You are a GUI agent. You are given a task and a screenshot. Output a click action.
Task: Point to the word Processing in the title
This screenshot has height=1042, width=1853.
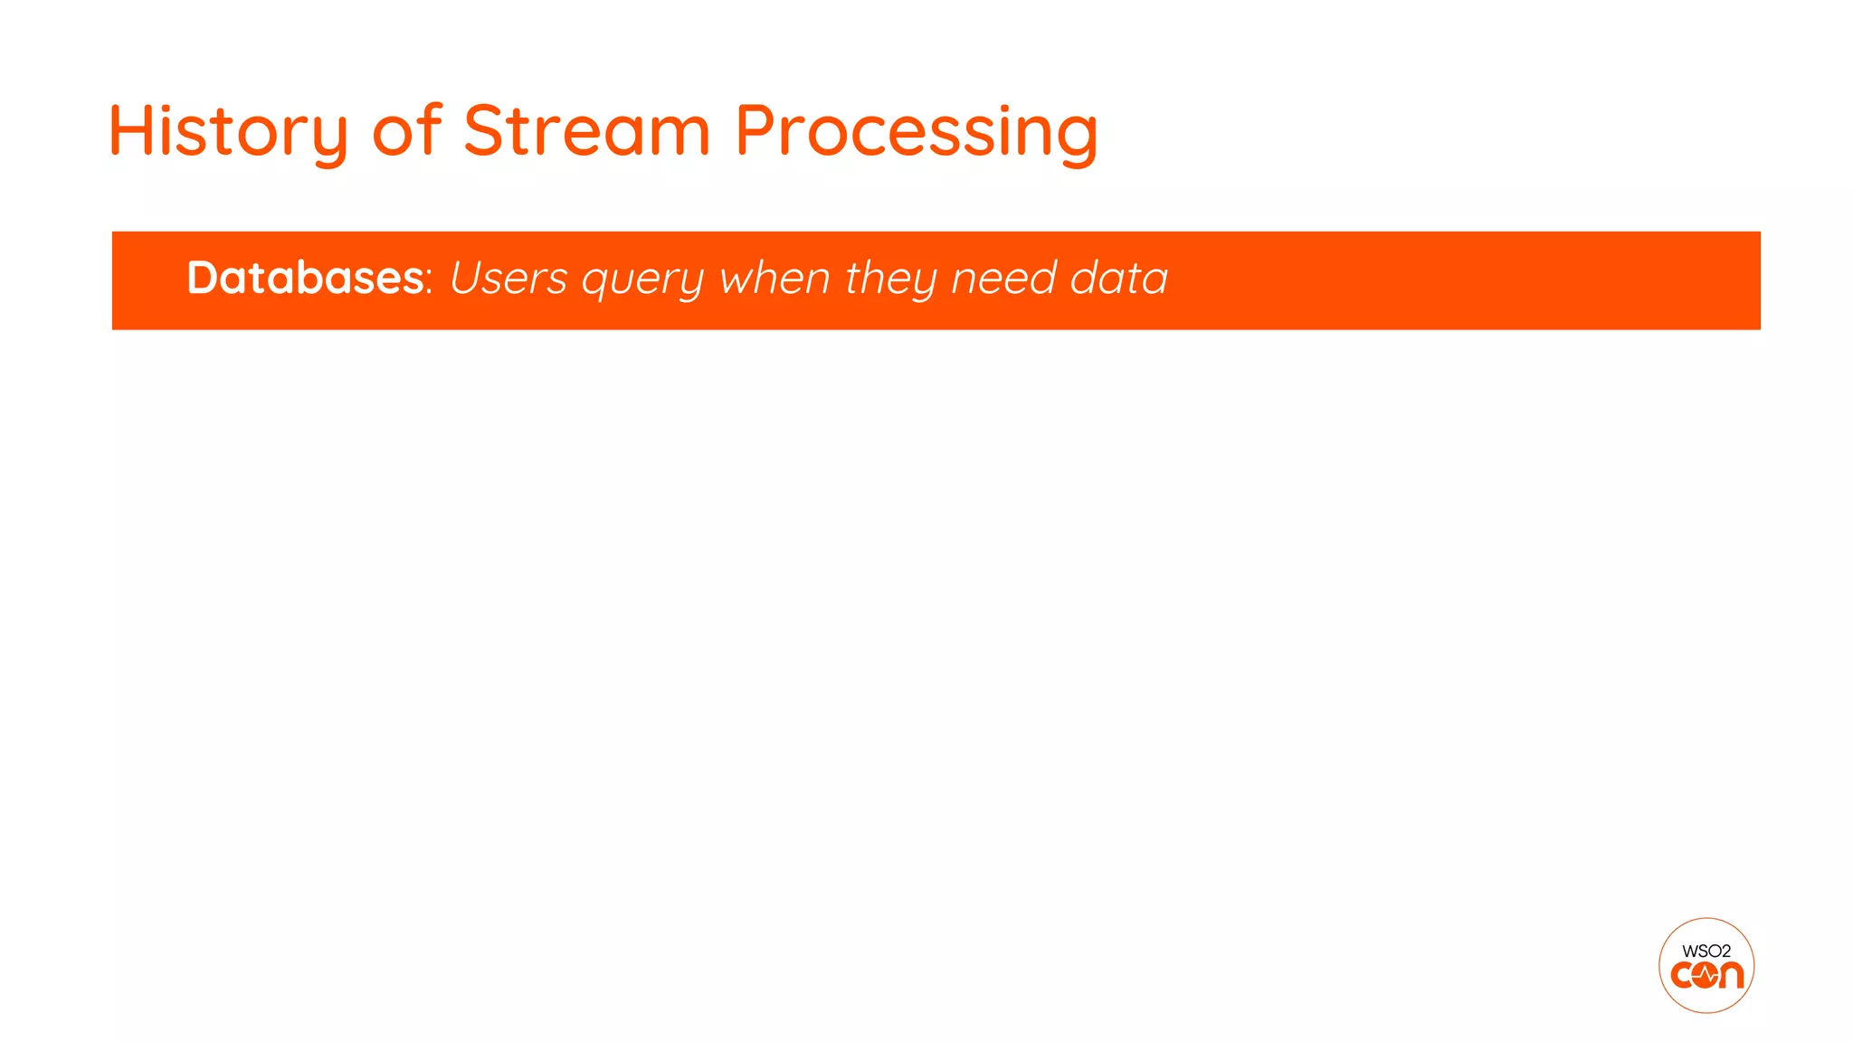click(916, 131)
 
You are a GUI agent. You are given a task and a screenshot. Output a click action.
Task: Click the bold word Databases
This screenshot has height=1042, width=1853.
click(305, 278)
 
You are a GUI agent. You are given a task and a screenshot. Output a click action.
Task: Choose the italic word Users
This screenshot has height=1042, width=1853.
click(508, 278)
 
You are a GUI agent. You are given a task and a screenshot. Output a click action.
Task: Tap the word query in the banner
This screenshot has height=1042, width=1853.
click(642, 280)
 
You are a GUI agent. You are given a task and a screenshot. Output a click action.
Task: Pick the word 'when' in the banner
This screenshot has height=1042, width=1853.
click(774, 278)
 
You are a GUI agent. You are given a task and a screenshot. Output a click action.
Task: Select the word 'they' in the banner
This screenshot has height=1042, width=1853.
click(890, 279)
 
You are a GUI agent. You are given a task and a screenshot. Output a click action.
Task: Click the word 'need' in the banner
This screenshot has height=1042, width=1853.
click(1003, 278)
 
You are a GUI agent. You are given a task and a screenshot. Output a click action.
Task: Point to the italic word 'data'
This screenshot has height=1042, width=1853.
click(1119, 278)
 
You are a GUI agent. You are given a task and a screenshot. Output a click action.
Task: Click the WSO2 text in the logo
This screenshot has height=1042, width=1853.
click(1706, 951)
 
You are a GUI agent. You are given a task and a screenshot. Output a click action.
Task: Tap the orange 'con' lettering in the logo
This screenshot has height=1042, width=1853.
click(1706, 975)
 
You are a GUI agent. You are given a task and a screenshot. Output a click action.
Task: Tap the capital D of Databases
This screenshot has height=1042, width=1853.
click(204, 278)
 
